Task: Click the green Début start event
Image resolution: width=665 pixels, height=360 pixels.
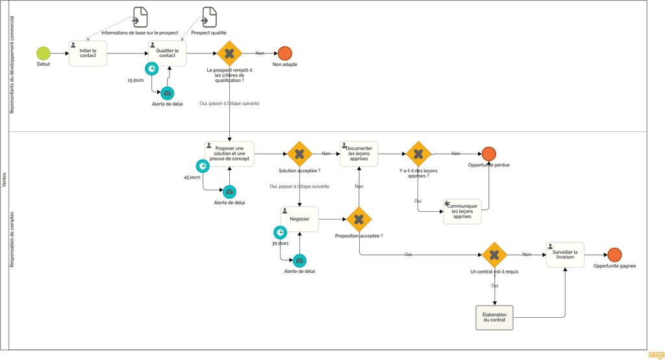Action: click(43, 53)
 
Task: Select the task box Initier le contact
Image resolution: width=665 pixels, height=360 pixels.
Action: click(88, 53)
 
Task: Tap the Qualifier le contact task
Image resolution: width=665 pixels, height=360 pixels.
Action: click(168, 53)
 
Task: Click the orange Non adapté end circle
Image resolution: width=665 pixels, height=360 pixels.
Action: click(284, 53)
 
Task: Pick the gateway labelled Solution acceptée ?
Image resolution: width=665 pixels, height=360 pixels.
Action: click(299, 154)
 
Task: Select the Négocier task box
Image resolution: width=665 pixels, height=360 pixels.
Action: click(299, 219)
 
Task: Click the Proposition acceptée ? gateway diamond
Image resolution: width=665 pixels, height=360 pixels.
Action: click(358, 220)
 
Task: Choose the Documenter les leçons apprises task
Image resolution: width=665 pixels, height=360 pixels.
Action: click(358, 154)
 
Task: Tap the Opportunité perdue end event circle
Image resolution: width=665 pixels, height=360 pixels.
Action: click(488, 154)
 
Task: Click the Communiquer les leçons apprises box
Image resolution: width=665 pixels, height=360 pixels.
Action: click(462, 211)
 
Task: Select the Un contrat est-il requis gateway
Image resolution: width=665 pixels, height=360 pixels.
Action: click(494, 255)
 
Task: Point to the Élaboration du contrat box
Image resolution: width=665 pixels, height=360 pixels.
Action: click(494, 317)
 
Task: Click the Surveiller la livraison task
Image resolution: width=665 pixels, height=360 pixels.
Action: click(564, 255)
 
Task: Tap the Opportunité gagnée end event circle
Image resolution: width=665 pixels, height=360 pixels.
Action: click(614, 255)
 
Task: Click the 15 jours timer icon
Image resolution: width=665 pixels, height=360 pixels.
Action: click(151, 69)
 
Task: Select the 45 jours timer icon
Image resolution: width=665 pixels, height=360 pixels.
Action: click(203, 166)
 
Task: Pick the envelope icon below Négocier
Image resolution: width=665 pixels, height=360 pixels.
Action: click(299, 261)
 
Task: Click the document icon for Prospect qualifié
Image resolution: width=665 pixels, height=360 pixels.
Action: click(209, 17)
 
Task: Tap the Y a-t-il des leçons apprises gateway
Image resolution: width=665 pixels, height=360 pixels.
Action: click(418, 154)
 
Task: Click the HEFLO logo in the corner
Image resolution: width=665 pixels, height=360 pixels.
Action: click(655, 355)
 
